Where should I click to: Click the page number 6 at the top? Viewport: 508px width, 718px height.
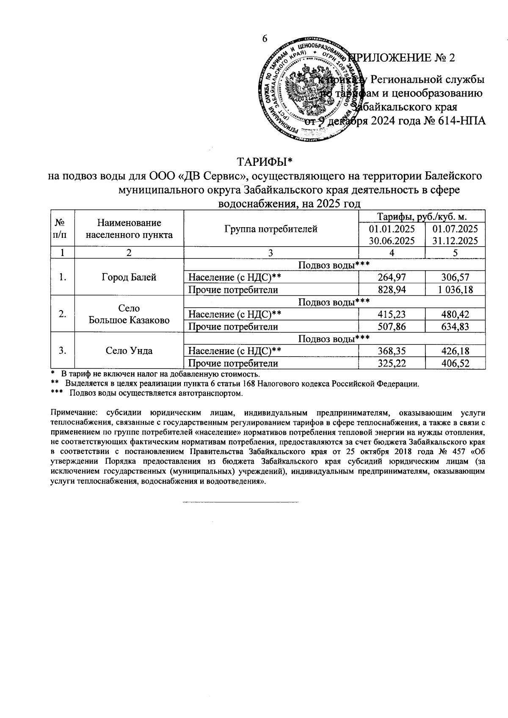coord(265,39)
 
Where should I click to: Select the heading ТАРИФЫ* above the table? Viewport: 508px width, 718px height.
coord(265,162)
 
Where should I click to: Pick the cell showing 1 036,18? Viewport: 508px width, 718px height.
coord(455,290)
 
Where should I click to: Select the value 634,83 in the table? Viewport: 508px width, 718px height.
coord(455,327)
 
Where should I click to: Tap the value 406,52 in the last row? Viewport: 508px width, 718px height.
coord(455,363)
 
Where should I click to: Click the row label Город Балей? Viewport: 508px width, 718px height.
coord(129,278)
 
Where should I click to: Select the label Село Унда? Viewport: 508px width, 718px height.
coord(129,351)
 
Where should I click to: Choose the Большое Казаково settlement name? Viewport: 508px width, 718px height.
coord(129,320)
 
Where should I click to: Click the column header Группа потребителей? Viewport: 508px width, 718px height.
coord(271,229)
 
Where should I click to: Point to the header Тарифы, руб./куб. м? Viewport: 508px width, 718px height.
coord(422,217)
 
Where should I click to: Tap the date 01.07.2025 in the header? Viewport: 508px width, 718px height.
coord(455,229)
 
